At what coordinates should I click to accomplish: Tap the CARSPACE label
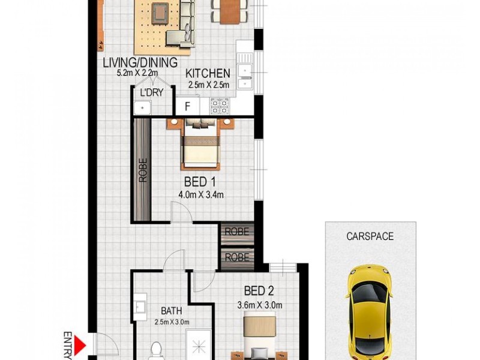click(370, 236)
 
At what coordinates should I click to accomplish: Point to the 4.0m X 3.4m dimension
click(201, 194)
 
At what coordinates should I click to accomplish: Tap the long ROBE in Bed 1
click(142, 169)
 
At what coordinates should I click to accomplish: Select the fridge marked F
click(188, 107)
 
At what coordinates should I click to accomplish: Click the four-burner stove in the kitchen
click(219, 106)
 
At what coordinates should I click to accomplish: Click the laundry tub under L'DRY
click(142, 108)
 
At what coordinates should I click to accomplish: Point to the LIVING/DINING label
click(140, 62)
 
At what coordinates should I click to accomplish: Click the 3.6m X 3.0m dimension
click(260, 305)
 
